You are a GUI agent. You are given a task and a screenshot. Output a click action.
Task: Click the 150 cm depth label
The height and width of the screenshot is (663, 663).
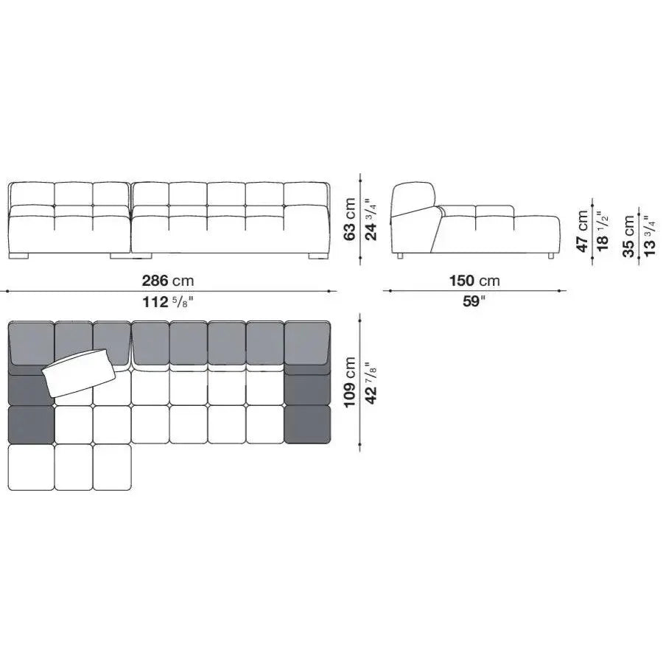474,281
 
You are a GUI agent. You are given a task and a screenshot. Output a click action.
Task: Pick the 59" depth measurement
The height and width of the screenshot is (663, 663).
474,301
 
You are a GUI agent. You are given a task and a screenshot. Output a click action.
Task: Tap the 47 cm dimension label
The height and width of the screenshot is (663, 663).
583,231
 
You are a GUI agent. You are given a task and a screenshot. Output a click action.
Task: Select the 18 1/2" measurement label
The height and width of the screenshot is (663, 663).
603,231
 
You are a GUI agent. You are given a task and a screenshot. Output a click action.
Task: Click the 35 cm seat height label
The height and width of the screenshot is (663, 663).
628,236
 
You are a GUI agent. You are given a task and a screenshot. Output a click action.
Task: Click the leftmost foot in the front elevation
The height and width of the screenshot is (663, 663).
21,256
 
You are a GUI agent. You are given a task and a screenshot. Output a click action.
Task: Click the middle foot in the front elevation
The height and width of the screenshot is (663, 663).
119,256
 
